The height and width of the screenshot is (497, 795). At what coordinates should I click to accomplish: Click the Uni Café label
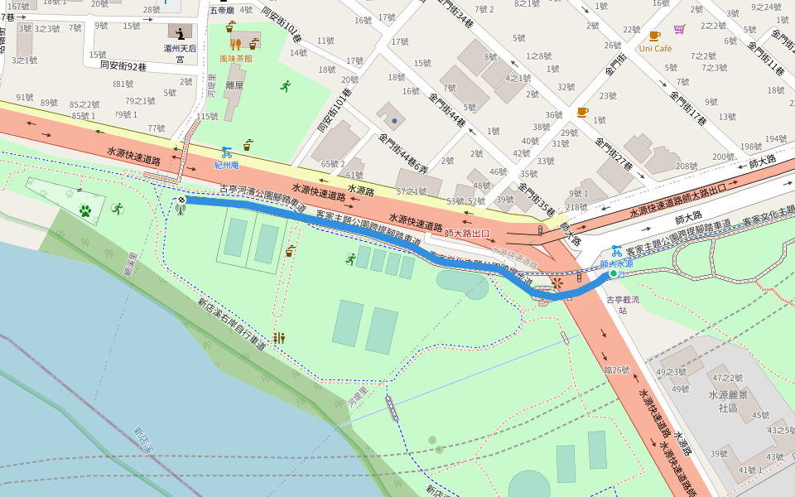[x=655, y=49]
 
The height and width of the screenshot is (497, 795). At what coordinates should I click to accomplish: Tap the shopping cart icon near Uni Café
[x=680, y=30]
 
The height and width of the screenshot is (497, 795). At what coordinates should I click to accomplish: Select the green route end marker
[x=613, y=273]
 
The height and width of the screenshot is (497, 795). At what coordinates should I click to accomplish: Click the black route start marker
[x=181, y=200]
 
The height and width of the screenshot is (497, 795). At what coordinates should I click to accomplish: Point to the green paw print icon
[x=84, y=211]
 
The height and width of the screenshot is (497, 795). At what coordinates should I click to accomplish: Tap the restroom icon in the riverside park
[x=279, y=338]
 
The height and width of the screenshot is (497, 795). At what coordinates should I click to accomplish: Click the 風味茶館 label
[x=236, y=59]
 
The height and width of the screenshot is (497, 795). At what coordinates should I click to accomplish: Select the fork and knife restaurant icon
[x=236, y=45]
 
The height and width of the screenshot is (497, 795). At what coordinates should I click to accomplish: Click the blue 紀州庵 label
[x=226, y=166]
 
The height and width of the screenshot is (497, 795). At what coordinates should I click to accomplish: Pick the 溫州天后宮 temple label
[x=180, y=54]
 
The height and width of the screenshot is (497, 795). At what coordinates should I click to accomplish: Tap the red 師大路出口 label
[x=467, y=234]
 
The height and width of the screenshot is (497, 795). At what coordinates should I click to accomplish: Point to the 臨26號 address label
[x=617, y=369]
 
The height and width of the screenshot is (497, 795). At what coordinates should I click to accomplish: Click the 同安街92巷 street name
[x=123, y=65]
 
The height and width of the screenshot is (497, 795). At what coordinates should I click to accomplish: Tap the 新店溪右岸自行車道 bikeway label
[x=231, y=325]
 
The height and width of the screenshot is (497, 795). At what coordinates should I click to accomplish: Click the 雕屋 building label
[x=234, y=85]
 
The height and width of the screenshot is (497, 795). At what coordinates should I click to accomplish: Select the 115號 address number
[x=207, y=117]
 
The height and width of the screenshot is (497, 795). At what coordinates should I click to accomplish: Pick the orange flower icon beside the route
[x=556, y=283]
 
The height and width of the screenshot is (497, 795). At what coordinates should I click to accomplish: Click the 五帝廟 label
[x=221, y=11]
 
